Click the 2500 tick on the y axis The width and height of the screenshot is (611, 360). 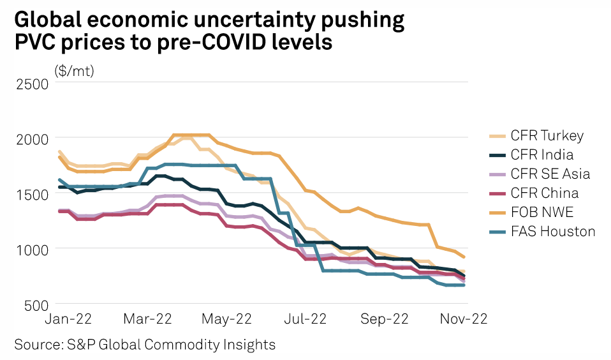pos(31,83)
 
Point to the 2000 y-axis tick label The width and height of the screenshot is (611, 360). pos(31,139)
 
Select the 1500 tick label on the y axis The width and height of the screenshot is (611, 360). pos(31,194)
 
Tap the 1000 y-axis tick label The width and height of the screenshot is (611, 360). pos(31,250)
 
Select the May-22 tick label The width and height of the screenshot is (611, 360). pos(226,319)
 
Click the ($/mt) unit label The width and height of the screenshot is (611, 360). pos(75,70)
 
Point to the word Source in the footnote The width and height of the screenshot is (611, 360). pos(37,345)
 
